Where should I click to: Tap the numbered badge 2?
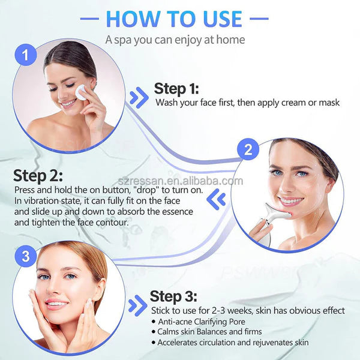point(247,150)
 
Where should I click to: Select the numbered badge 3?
point(25,257)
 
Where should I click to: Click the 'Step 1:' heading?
point(176,89)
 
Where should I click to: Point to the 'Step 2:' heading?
point(37,176)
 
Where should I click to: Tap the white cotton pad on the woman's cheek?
point(80,92)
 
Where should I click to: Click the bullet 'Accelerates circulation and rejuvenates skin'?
point(233,343)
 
